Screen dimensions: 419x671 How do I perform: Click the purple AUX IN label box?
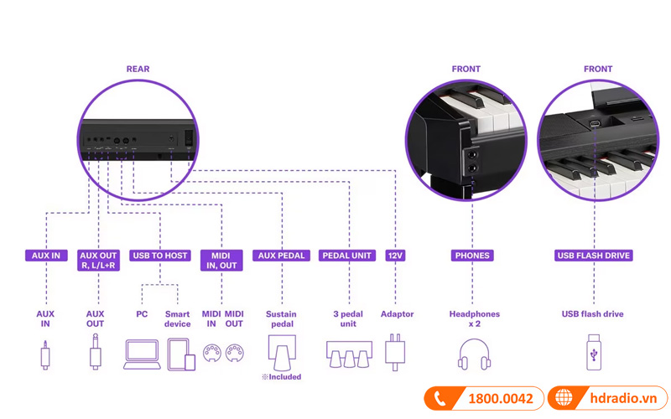(x=45, y=255)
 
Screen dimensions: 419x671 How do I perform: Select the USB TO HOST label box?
(x=160, y=255)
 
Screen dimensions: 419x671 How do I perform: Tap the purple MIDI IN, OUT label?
(x=222, y=260)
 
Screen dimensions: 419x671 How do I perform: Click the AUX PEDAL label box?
(x=281, y=255)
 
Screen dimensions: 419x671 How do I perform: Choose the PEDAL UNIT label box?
(x=347, y=255)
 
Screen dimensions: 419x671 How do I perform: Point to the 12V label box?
(x=396, y=255)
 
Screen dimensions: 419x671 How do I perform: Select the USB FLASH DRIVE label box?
(x=593, y=255)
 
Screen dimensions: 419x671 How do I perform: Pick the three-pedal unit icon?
(x=347, y=355)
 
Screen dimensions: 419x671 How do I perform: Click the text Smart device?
(x=177, y=318)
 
